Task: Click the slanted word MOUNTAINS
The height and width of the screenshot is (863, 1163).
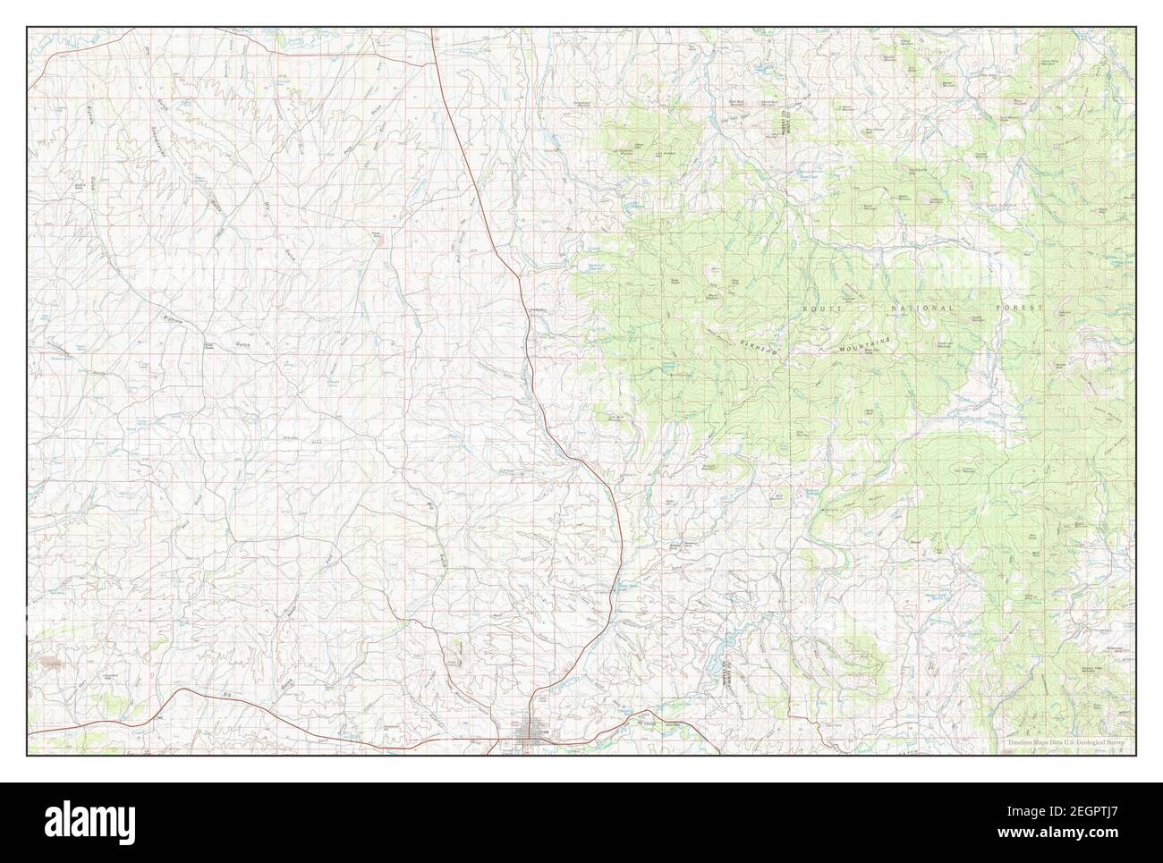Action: [x=866, y=344]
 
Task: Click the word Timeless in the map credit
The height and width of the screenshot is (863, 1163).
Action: [x=1021, y=743]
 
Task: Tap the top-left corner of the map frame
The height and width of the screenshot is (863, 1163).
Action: [x=27, y=28]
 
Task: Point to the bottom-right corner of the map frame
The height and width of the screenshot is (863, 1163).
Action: [x=1136, y=756]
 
